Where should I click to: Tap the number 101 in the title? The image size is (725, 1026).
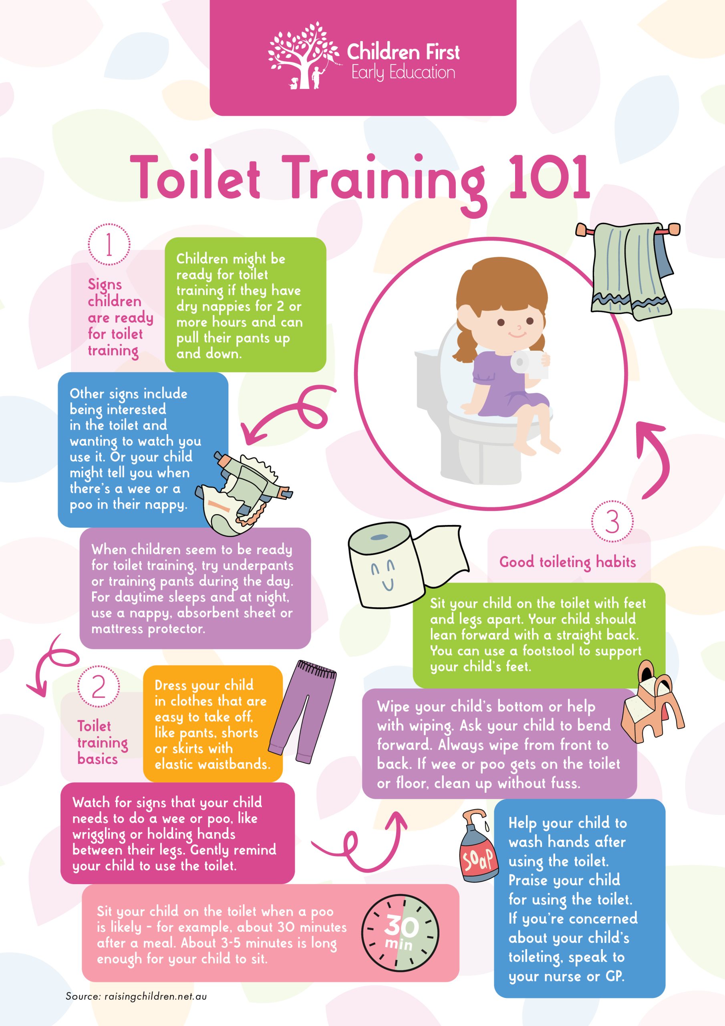click(549, 177)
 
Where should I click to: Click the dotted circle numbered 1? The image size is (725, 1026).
click(109, 245)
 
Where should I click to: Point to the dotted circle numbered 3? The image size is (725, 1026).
click(612, 521)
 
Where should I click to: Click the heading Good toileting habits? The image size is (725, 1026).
click(567, 562)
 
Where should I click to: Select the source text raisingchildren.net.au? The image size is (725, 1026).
click(155, 996)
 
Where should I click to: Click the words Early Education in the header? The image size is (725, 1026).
click(403, 73)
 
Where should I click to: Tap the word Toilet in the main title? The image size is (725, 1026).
click(195, 177)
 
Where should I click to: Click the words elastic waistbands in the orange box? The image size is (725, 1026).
click(213, 764)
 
